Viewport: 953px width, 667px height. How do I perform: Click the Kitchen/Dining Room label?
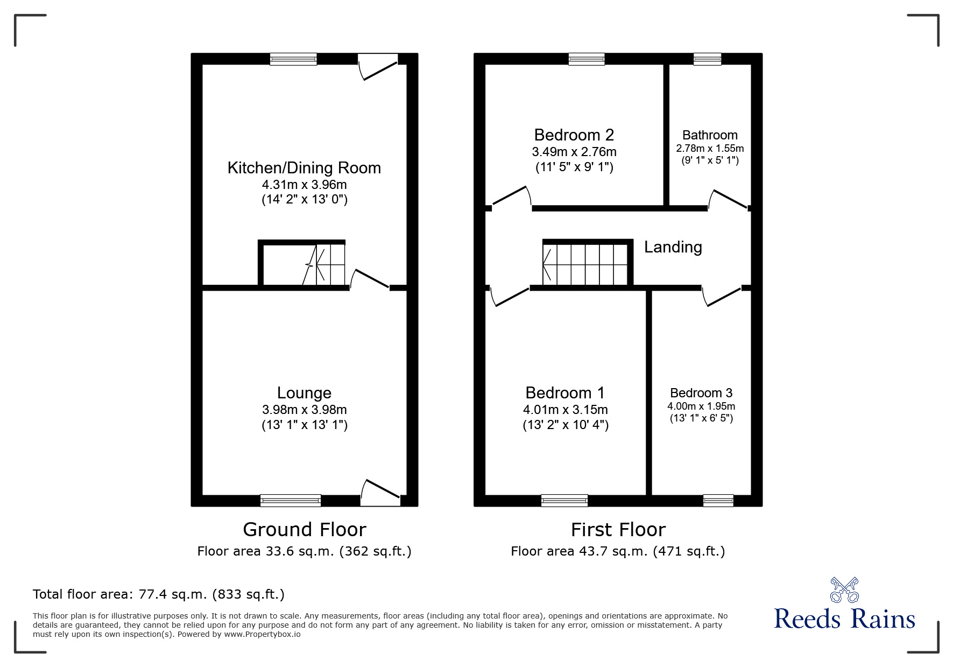coord(304,168)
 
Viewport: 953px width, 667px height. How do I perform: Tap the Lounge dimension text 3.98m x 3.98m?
coord(305,410)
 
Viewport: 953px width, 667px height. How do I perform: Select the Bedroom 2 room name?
coord(574,135)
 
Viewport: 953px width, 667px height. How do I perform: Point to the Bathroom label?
coord(710,135)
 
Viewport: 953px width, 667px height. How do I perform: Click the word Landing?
coord(673,247)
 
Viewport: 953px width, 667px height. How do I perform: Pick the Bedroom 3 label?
coord(701,393)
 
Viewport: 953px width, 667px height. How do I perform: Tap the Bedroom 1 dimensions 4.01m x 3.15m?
coord(566,410)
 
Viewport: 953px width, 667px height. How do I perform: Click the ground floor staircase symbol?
coord(324,264)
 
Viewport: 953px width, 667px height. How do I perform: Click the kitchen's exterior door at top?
coord(379,67)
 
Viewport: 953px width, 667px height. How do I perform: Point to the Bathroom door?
coord(729,199)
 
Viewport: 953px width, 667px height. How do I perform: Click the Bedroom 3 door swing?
coord(722,297)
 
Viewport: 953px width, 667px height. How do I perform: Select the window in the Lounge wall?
coord(291,501)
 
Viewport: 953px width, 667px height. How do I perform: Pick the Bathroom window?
coord(707,59)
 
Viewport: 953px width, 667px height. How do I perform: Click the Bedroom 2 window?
coord(587,59)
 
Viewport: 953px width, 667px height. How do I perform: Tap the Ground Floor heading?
coord(305,530)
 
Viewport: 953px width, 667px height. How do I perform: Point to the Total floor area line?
coord(159,594)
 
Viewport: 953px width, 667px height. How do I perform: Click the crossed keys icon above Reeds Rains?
coord(844,590)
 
